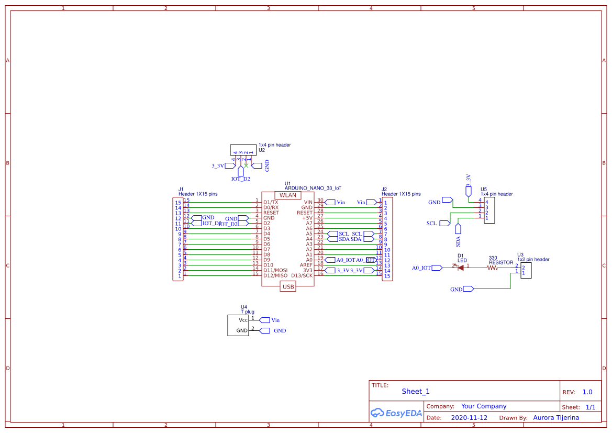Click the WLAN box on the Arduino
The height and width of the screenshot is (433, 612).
pos(288,195)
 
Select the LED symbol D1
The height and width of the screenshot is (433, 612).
pos(461,267)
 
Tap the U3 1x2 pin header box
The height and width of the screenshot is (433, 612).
pos(526,270)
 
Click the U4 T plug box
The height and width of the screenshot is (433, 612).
pos(238,325)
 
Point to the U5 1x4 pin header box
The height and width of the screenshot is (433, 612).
pos(489,210)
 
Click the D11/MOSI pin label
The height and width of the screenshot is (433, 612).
pos(275,270)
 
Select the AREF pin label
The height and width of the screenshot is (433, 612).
pos(306,265)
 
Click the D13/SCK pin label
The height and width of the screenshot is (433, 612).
pos(302,275)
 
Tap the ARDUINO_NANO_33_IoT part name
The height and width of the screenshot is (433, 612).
pos(313,187)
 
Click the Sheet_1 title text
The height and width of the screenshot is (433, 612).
pos(416,391)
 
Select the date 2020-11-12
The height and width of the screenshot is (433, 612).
pos(469,418)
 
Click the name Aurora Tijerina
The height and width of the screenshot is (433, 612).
pos(556,418)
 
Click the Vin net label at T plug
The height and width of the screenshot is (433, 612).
pos(275,320)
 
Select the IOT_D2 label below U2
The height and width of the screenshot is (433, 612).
pos(240,179)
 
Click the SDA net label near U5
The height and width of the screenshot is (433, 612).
pos(458,241)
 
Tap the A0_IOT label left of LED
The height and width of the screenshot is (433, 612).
pos(421,268)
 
